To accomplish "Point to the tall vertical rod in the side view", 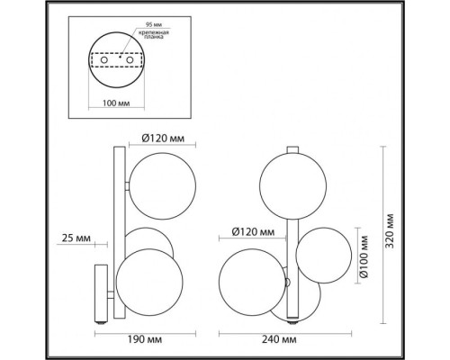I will [x=116, y=216].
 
